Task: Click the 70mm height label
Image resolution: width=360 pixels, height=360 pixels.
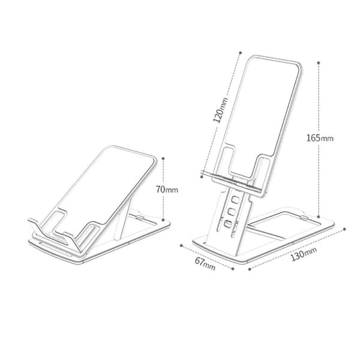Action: pyautogui.click(x=167, y=190)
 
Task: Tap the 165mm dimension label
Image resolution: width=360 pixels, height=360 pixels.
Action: pyautogui.click(x=320, y=138)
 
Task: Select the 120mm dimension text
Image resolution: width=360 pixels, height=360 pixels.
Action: pyautogui.click(x=221, y=110)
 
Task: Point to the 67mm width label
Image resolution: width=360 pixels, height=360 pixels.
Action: pyautogui.click(x=205, y=264)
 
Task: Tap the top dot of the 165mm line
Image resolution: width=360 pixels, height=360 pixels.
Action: pyautogui.click(x=318, y=62)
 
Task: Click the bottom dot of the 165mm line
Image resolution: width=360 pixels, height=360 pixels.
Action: pyautogui.click(x=318, y=217)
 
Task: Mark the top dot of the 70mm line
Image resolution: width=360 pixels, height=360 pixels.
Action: pyautogui.click(x=163, y=158)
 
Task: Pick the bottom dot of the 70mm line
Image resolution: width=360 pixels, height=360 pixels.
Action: pyautogui.click(x=163, y=220)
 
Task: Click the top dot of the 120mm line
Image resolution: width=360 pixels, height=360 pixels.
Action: pyautogui.click(x=241, y=53)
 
